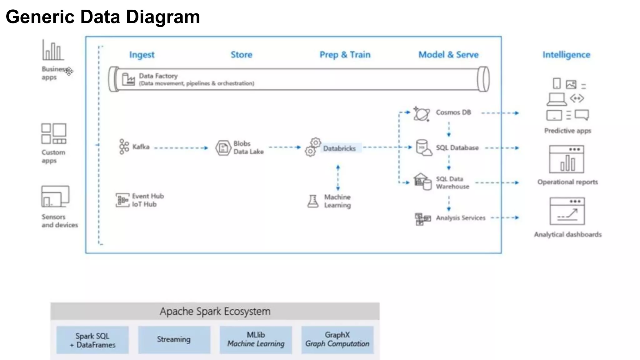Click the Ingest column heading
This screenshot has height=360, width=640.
(x=142, y=55)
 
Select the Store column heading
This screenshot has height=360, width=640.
(x=241, y=55)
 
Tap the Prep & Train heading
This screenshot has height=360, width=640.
(x=345, y=55)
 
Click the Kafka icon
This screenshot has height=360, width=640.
(x=124, y=147)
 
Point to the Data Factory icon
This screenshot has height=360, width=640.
(x=128, y=79)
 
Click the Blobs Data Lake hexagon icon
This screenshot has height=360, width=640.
(x=223, y=148)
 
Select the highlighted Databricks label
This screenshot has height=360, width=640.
(x=339, y=148)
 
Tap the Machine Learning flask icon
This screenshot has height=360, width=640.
(x=313, y=201)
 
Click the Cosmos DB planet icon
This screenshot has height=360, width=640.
(x=422, y=114)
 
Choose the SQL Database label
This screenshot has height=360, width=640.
(x=457, y=148)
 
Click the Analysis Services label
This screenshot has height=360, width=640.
(x=461, y=218)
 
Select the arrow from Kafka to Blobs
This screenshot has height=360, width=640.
(x=181, y=148)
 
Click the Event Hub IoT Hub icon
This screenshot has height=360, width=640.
(x=122, y=200)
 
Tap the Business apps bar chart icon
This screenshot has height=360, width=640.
(x=53, y=50)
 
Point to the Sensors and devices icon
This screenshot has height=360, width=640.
(x=55, y=197)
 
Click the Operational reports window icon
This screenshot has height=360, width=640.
(x=566, y=159)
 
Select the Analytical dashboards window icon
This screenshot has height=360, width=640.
(x=567, y=211)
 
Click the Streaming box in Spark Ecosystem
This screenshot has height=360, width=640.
(x=174, y=340)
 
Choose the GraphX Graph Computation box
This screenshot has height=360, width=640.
(x=337, y=340)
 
